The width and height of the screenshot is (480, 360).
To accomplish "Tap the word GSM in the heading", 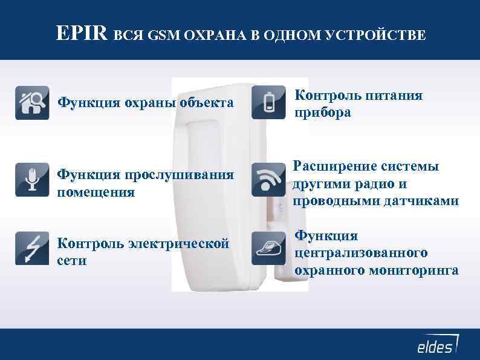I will point(160,34).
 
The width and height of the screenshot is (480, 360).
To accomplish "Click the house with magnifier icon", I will point(32,103).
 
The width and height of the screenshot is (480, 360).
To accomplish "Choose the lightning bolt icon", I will point(32,247).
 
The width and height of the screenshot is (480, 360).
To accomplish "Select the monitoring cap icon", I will point(268,247).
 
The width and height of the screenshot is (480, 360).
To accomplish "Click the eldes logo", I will point(436,345).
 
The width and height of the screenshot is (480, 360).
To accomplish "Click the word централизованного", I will point(362,252).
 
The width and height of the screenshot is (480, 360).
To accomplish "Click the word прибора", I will point(322,113).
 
